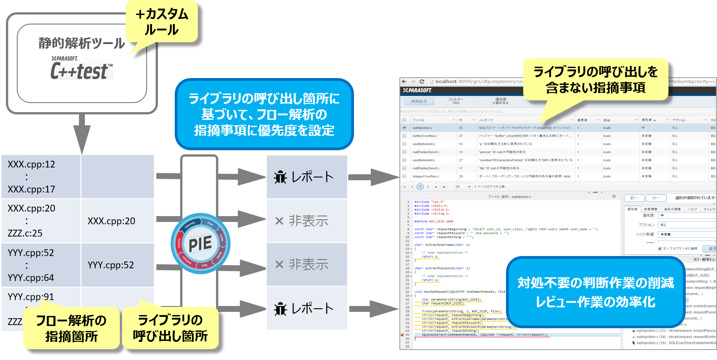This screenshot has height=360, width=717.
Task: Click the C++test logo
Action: [82, 68]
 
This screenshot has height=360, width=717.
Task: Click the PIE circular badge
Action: [200, 244]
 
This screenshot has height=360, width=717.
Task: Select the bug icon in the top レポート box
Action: [280, 177]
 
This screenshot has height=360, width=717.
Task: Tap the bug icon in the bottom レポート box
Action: [280, 309]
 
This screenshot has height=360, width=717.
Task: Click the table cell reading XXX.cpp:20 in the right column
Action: [111, 221]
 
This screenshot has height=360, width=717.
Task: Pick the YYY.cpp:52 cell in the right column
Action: [111, 265]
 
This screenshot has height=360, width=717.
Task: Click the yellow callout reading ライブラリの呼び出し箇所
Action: [170, 328]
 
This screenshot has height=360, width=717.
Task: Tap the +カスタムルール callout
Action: [162, 22]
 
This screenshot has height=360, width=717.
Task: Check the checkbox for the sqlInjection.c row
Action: [404, 128]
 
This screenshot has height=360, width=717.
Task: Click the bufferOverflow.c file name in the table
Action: [425, 136]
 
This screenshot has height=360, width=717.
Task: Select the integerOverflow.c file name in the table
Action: [426, 176]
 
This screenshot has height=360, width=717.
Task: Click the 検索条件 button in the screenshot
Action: [419, 101]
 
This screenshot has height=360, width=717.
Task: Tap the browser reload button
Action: [422, 82]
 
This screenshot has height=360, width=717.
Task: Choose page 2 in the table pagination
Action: [427, 187]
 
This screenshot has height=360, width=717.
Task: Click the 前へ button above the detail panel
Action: [634, 198]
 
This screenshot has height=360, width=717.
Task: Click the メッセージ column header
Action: [486, 120]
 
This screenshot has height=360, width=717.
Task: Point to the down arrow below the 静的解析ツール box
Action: [82, 134]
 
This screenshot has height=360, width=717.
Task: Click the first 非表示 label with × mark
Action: [302, 221]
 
